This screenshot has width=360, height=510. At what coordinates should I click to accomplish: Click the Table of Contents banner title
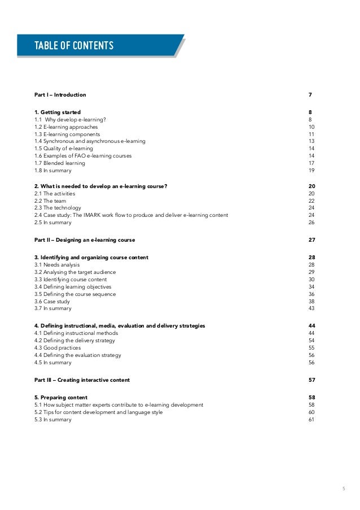74,46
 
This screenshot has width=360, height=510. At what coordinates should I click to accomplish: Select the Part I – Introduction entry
60,94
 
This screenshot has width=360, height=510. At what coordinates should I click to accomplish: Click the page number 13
311,141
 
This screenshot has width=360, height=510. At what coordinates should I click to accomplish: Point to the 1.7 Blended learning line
60,163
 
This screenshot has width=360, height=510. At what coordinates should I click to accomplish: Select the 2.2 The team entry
50,200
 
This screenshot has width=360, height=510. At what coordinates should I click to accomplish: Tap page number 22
311,200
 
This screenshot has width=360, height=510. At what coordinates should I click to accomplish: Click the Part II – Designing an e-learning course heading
85,240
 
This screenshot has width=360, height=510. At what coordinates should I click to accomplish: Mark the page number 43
311,308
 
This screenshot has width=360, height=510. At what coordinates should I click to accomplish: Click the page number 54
311,341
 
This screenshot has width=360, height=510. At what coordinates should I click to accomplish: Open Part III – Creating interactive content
82,380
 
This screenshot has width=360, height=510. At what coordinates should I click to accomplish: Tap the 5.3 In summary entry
53,420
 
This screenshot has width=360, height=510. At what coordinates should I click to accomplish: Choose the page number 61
311,420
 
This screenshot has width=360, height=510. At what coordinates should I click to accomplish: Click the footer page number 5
343,489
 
